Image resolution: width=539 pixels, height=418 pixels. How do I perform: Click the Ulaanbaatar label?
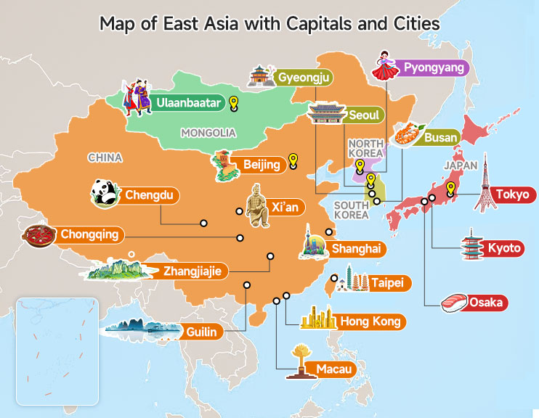(x=187, y=104)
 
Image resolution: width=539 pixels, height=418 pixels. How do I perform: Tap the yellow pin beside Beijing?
(x=293, y=160)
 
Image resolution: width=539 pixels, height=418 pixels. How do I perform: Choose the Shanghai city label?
(x=356, y=249)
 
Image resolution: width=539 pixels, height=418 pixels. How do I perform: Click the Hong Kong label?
(x=369, y=321)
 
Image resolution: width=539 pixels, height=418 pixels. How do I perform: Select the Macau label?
(x=333, y=369)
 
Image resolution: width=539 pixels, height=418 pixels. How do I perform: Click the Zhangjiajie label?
(x=195, y=271)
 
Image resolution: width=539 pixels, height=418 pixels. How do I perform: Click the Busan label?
(x=440, y=136)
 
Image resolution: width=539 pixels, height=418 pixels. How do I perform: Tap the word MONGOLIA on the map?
(x=208, y=133)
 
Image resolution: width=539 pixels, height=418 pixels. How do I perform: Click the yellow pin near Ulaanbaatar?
(x=233, y=104)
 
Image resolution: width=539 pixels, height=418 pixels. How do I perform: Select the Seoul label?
(x=362, y=115)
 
